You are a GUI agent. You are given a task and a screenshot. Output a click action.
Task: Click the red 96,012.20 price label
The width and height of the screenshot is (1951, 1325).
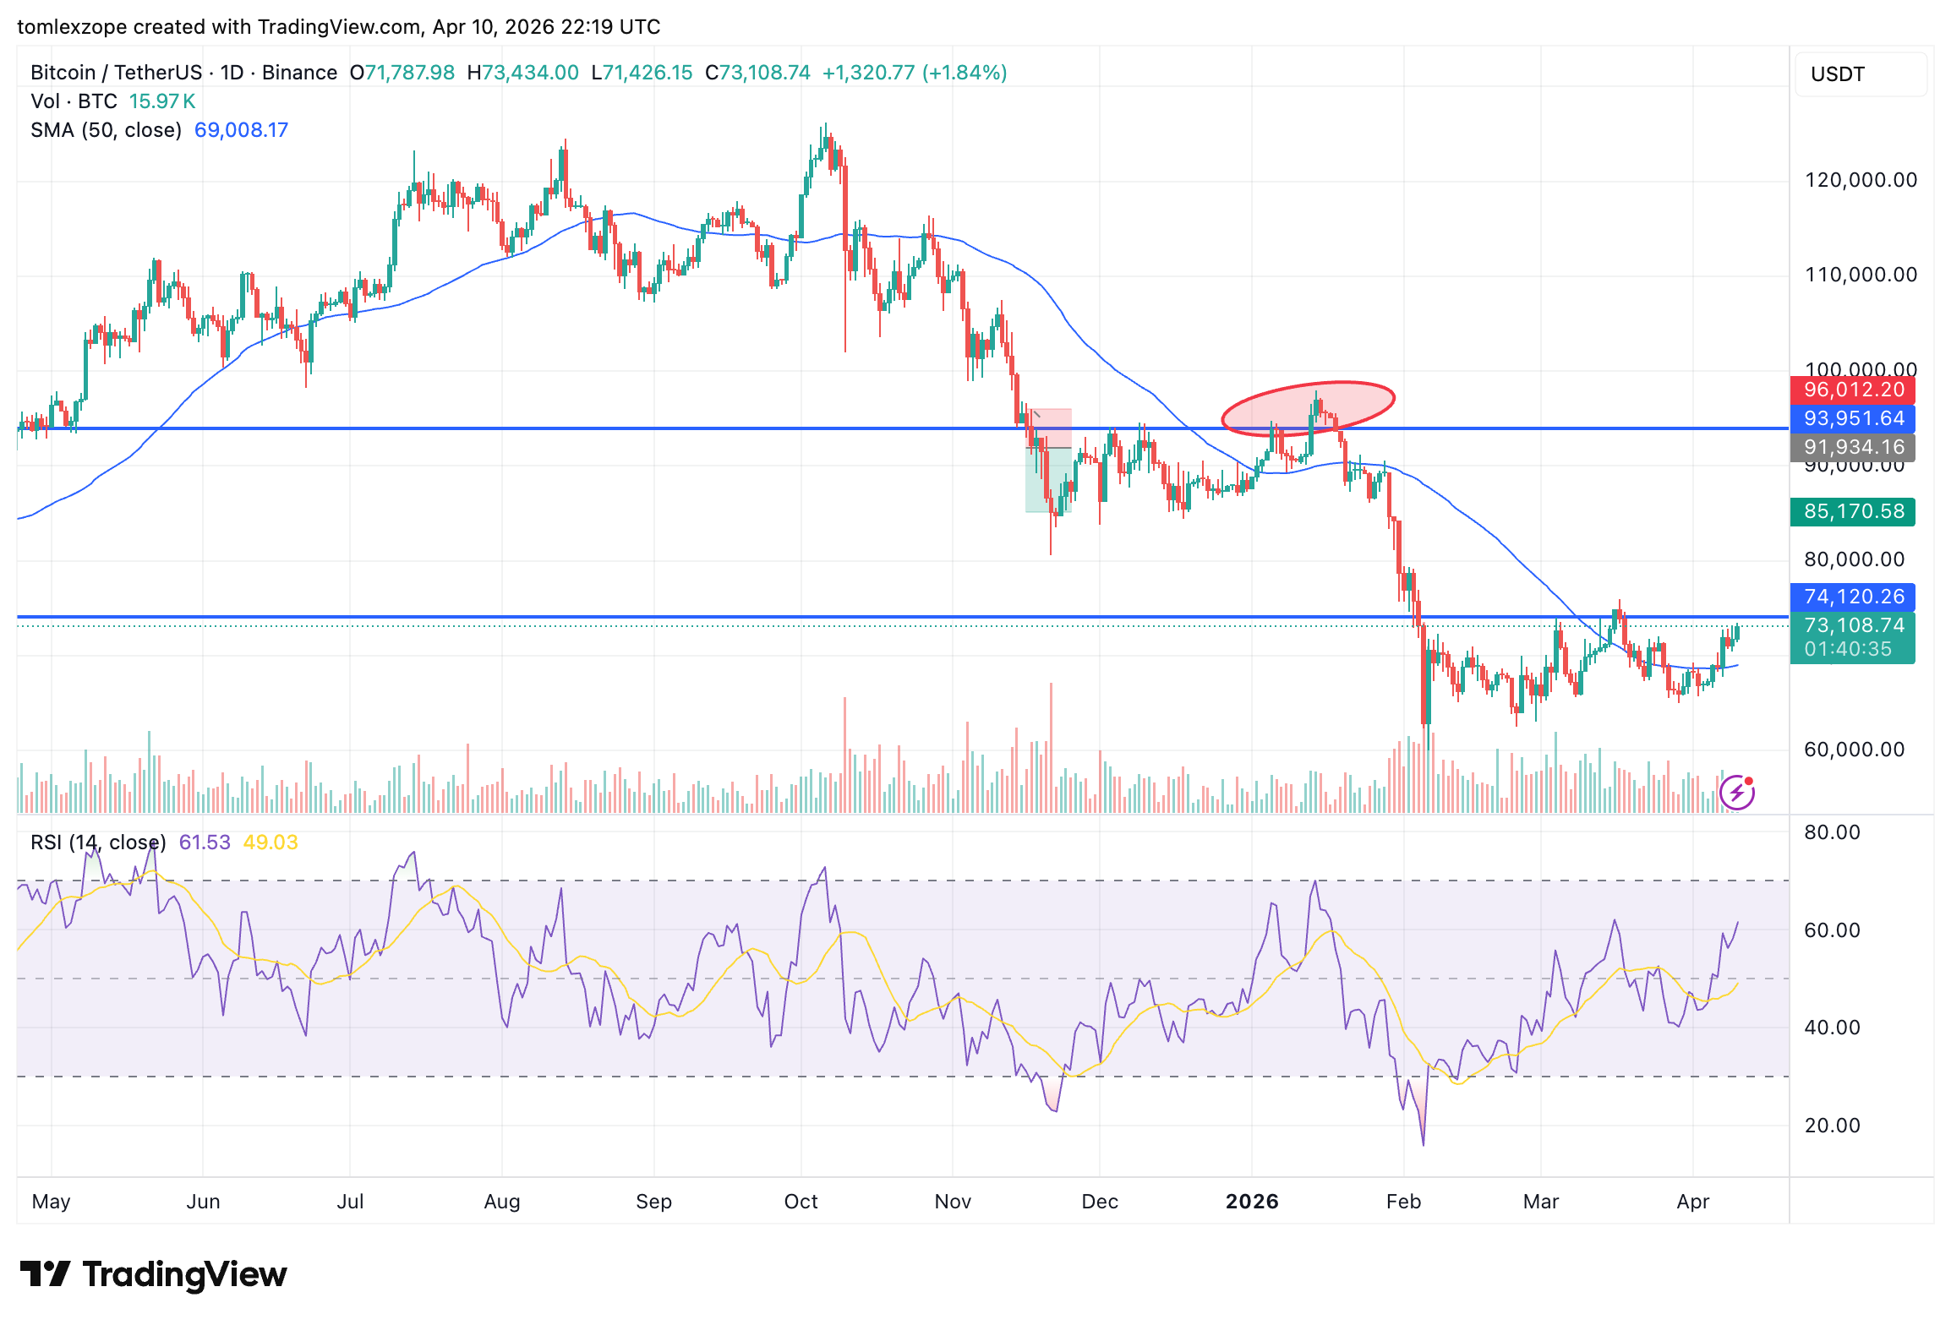[x=1852, y=390]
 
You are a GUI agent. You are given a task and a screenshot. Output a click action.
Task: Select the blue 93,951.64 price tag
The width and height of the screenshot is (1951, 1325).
[x=1852, y=418]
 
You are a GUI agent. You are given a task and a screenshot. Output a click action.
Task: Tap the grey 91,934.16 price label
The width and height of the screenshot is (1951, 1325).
[x=1852, y=447]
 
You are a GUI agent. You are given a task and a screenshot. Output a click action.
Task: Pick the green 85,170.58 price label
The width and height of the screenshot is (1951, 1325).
[x=1852, y=511]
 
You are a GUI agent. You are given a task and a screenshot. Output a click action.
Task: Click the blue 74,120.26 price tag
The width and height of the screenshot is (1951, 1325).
[x=1852, y=597]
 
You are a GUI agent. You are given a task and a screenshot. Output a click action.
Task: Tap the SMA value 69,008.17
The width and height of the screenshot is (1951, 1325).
[x=241, y=130]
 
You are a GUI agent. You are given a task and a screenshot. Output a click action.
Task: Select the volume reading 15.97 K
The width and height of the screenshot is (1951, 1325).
[x=161, y=101]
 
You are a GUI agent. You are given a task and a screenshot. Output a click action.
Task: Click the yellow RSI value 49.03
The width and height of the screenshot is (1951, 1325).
[x=270, y=842]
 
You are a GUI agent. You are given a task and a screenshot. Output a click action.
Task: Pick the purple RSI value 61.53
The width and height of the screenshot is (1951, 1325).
[x=205, y=842]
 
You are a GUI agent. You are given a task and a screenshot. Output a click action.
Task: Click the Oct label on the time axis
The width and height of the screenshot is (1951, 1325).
[x=801, y=1202]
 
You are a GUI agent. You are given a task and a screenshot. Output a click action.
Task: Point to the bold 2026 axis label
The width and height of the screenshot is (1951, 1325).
[x=1252, y=1202]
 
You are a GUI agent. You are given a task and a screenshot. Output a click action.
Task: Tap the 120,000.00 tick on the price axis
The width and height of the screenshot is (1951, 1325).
[x=1860, y=180]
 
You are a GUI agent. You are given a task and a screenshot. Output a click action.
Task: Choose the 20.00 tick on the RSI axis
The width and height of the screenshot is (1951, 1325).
[x=1832, y=1126]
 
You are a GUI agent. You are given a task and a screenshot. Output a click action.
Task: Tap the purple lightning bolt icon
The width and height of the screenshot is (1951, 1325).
[x=1736, y=793]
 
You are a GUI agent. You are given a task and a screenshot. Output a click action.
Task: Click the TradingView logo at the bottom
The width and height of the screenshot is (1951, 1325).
[x=153, y=1274]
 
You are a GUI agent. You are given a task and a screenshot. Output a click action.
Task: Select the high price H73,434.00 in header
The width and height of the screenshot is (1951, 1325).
[x=522, y=73]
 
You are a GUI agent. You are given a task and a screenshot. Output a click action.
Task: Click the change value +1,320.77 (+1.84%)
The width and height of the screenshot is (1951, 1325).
[x=914, y=73]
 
